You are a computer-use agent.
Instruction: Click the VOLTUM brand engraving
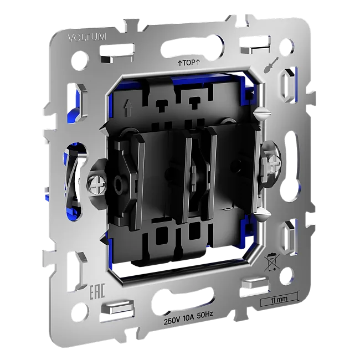(87, 37)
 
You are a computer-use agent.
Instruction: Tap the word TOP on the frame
(189, 63)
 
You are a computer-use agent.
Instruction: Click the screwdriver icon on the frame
(271, 65)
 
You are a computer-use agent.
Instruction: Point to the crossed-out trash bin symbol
(271, 262)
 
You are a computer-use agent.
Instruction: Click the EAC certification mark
(97, 291)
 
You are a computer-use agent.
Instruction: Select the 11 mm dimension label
(279, 300)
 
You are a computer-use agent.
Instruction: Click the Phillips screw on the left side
(97, 183)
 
